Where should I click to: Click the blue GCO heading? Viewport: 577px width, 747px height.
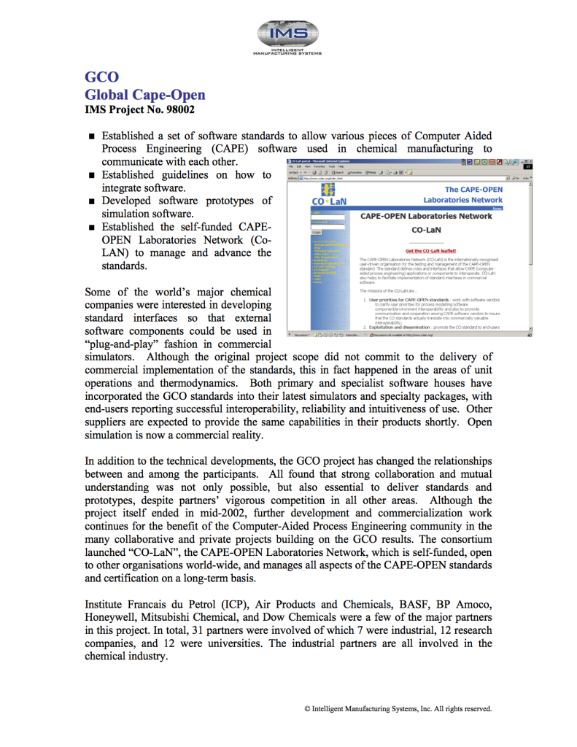102,78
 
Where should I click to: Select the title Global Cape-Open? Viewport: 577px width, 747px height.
145,95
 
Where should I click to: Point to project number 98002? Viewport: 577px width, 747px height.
178,110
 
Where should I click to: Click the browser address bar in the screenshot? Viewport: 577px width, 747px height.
401,177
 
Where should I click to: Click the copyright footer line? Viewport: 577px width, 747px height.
398,708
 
